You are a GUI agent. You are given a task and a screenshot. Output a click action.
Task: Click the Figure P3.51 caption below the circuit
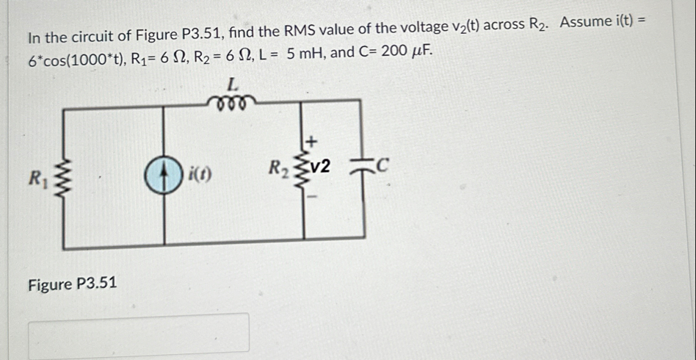[72, 284]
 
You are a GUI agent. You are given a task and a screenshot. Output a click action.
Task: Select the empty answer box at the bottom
[139, 332]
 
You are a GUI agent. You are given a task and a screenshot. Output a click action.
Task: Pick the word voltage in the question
[424, 28]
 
